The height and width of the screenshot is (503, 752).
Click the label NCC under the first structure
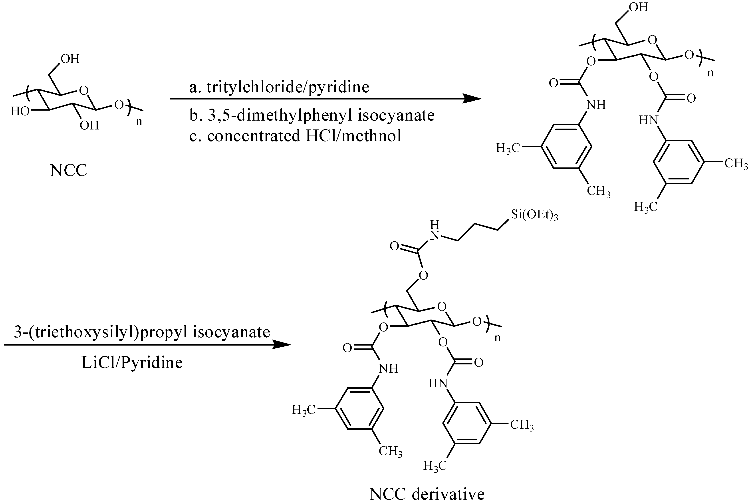tap(68, 170)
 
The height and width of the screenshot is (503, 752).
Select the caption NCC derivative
tap(427, 494)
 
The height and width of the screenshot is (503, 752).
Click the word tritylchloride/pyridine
tap(288, 87)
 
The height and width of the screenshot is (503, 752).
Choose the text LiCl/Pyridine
tap(132, 362)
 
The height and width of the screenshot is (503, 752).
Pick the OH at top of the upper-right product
tap(638, 7)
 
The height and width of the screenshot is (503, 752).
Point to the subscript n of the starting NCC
tap(139, 122)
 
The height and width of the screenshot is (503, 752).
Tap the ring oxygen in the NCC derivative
tap(442, 307)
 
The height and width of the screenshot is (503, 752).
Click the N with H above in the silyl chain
tap(435, 236)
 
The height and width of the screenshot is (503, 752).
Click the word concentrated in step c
tap(253, 136)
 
